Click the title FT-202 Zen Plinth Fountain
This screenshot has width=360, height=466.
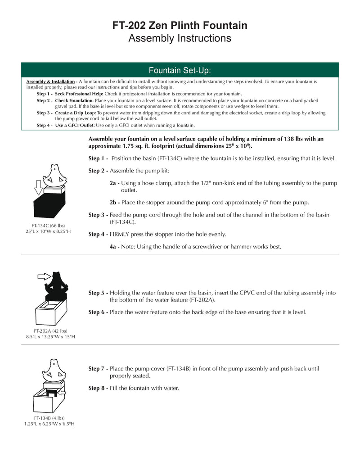click(180, 26)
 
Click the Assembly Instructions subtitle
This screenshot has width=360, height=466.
click(180, 38)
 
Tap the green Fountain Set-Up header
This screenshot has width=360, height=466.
click(180, 70)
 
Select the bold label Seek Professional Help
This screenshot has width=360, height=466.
click(79, 94)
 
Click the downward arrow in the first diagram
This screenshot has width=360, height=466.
click(38, 185)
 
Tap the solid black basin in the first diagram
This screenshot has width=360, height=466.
click(49, 204)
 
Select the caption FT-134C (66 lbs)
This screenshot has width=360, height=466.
click(48, 225)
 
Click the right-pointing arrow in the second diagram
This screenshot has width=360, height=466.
click(44, 276)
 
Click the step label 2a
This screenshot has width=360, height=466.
click(114, 183)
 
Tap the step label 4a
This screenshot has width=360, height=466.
click(114, 247)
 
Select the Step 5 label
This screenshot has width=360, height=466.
click(98, 293)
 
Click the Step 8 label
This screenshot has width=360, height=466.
click(98, 388)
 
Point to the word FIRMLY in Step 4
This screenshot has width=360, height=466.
click(121, 234)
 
